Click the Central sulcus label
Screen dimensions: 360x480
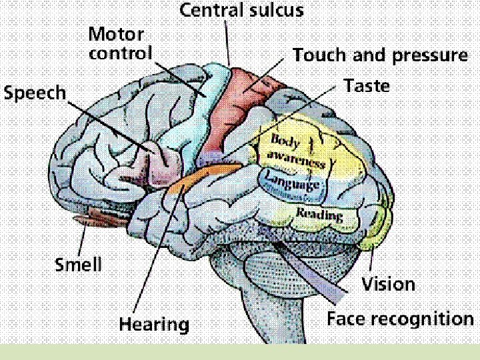[242, 11]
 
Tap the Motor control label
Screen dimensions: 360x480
[121, 43]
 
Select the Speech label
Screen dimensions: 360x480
[35, 93]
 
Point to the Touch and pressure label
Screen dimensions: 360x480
[380, 55]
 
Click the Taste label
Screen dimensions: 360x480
[367, 86]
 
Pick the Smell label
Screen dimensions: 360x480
[78, 265]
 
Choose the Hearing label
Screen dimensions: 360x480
[154, 325]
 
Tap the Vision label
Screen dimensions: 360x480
[388, 285]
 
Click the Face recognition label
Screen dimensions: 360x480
[400, 319]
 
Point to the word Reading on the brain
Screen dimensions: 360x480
[319, 214]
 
